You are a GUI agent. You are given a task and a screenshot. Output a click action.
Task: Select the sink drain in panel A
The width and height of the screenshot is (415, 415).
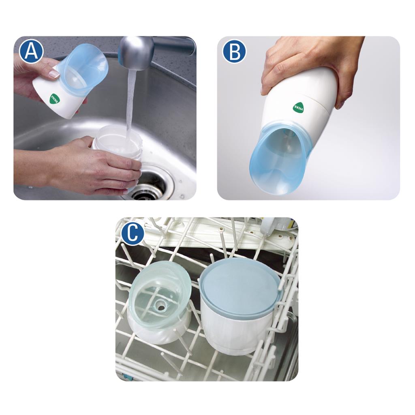point(148,187)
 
